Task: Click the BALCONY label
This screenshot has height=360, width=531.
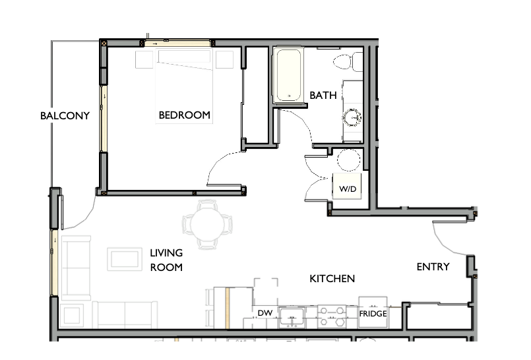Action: pyautogui.click(x=65, y=115)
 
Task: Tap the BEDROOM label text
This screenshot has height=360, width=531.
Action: pyautogui.click(x=185, y=115)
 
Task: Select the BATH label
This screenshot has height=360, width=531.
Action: pyautogui.click(x=323, y=96)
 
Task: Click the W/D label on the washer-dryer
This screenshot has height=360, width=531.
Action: pyautogui.click(x=348, y=189)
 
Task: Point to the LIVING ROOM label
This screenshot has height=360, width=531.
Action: pyautogui.click(x=166, y=260)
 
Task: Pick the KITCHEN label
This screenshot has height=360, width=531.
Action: pyautogui.click(x=332, y=279)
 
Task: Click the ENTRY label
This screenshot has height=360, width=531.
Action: pyautogui.click(x=433, y=267)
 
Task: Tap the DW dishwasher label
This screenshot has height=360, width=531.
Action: pyautogui.click(x=265, y=313)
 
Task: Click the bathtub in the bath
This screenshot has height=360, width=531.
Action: pyautogui.click(x=289, y=76)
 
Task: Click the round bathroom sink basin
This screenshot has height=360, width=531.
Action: pyautogui.click(x=352, y=118)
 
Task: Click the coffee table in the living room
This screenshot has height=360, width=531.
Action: pyautogui.click(x=124, y=259)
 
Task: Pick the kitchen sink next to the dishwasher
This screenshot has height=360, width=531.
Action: pyautogui.click(x=291, y=316)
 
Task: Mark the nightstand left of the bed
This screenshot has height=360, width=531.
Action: pyautogui.click(x=144, y=59)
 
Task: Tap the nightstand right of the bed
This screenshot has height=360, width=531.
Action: pyautogui.click(x=225, y=59)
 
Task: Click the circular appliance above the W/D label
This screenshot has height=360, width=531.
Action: pyautogui.click(x=347, y=160)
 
